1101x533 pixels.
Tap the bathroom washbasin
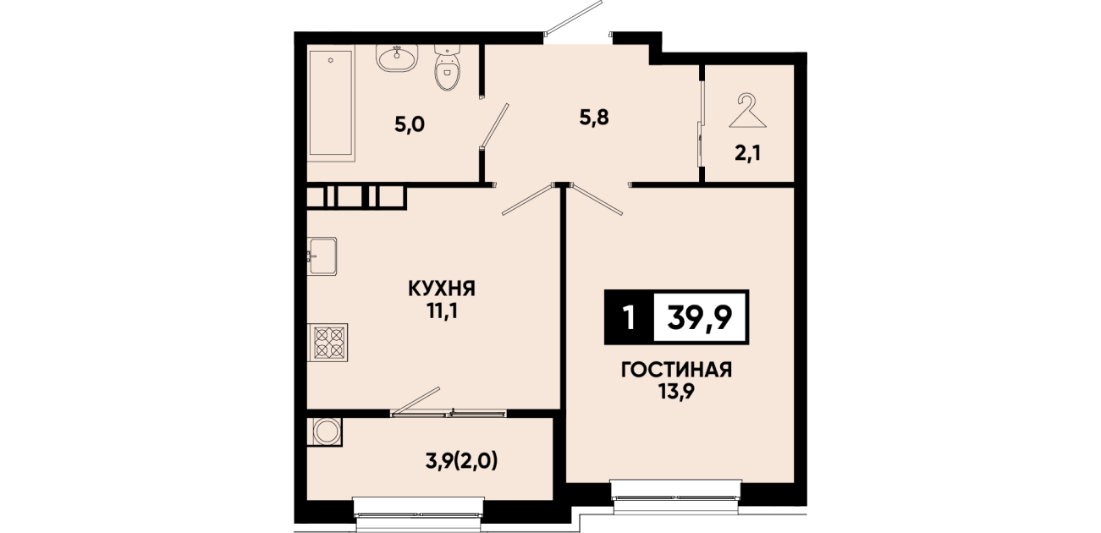click(x=397, y=58)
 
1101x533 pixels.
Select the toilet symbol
click(x=448, y=68)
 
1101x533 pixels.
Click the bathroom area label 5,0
click(x=410, y=125)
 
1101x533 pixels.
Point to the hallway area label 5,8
click(x=594, y=118)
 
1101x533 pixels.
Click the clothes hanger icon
click(x=747, y=111)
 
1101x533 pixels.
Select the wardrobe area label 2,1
click(x=747, y=154)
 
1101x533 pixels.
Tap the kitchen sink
click(x=322, y=256)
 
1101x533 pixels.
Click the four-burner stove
click(x=328, y=343)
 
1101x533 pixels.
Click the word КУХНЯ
click(x=442, y=288)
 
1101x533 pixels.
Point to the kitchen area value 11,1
click(x=442, y=311)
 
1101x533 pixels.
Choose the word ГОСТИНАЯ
click(x=676, y=370)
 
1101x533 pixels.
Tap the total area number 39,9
click(x=700, y=318)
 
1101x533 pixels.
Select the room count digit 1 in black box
click(x=629, y=318)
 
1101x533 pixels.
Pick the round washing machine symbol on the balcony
click(x=325, y=431)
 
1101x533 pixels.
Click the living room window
click(x=676, y=497)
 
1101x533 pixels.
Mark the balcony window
click(x=419, y=514)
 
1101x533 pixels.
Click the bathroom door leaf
click(x=495, y=125)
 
